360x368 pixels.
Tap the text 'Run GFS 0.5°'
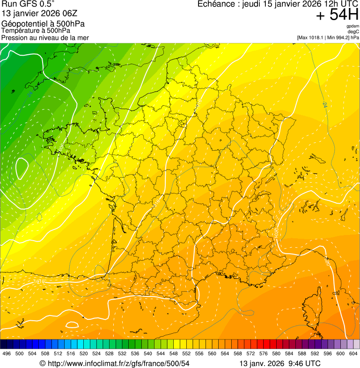(x=28, y=4)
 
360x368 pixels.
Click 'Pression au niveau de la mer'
(x=45, y=37)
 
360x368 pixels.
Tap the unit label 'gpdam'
(x=353, y=26)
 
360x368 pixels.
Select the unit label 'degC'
(x=353, y=32)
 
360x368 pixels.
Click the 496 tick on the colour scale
(x=7, y=353)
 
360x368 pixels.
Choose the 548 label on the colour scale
(x=173, y=353)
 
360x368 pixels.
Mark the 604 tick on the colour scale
(x=353, y=353)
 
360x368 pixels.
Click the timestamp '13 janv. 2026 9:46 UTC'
(x=280, y=363)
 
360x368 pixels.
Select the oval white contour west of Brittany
(x=22, y=169)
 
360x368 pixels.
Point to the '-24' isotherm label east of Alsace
(x=324, y=104)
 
